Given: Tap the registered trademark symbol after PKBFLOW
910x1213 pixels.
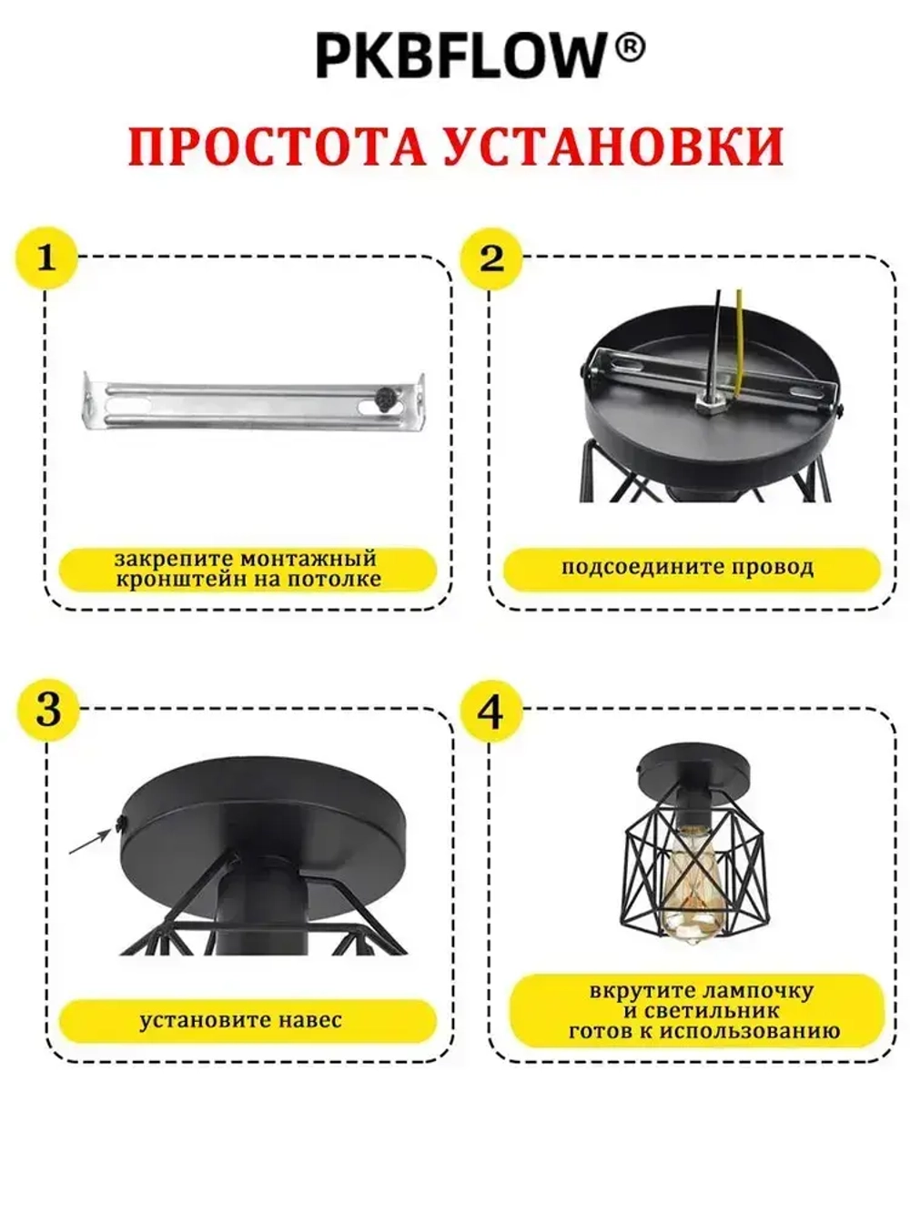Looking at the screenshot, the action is pyautogui.click(x=630, y=47).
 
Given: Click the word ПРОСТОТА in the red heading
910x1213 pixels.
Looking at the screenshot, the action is pyautogui.click(x=277, y=147).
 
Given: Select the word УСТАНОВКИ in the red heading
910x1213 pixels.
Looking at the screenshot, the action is pyautogui.click(x=612, y=147).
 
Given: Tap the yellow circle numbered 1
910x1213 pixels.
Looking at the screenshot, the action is pyautogui.click(x=46, y=258).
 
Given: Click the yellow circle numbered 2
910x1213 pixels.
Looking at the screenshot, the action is pyautogui.click(x=491, y=258).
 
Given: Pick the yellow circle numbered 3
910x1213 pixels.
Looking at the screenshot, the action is pyautogui.click(x=48, y=710).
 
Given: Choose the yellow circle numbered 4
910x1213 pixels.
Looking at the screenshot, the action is pyautogui.click(x=491, y=712).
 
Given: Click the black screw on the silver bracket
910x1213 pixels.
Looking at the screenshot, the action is pyautogui.click(x=384, y=397).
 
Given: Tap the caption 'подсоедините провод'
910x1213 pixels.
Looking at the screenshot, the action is pyautogui.click(x=687, y=568).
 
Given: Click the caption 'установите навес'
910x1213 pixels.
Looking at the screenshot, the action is pyautogui.click(x=240, y=1020).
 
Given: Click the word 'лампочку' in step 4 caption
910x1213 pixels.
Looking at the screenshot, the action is pyautogui.click(x=756, y=990).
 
